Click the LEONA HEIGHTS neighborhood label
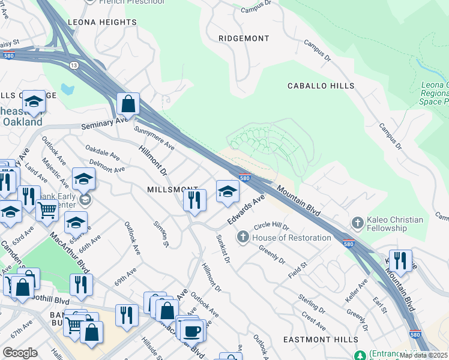pos(101,22)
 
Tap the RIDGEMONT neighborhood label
pos(243,38)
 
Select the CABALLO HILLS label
pos(321,86)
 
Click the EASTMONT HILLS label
pos(329,340)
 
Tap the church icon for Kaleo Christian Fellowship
pos(357,224)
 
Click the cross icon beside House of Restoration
pos(243,238)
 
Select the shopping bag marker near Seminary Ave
pos(128,104)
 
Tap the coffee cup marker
pos(192,331)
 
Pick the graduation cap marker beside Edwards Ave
pos(228,191)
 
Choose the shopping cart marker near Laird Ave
pos(47,211)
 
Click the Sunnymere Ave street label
pos(154,138)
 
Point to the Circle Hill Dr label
pos(271,227)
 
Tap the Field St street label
pos(298,265)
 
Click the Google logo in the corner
pos(20,353)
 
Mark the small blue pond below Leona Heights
pos(67,89)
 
